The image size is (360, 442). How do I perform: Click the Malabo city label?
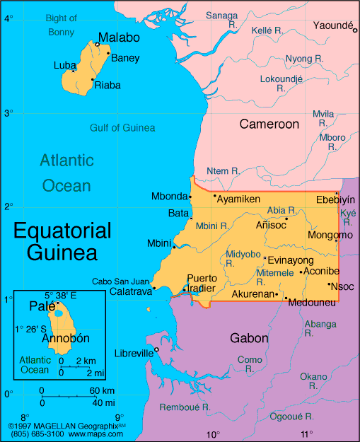119,37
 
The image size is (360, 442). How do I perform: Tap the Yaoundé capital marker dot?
356,31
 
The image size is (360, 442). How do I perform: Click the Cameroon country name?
269,124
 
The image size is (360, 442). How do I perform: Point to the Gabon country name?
249,338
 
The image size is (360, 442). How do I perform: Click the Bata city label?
178,212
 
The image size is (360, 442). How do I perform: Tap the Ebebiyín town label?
335,199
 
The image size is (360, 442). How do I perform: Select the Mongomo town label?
330,235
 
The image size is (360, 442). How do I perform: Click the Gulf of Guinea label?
122,127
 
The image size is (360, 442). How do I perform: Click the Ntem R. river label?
223,171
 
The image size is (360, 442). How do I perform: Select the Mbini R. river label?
211,226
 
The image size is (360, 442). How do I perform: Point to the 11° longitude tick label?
306,434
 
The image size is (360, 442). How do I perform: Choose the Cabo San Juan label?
120,281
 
